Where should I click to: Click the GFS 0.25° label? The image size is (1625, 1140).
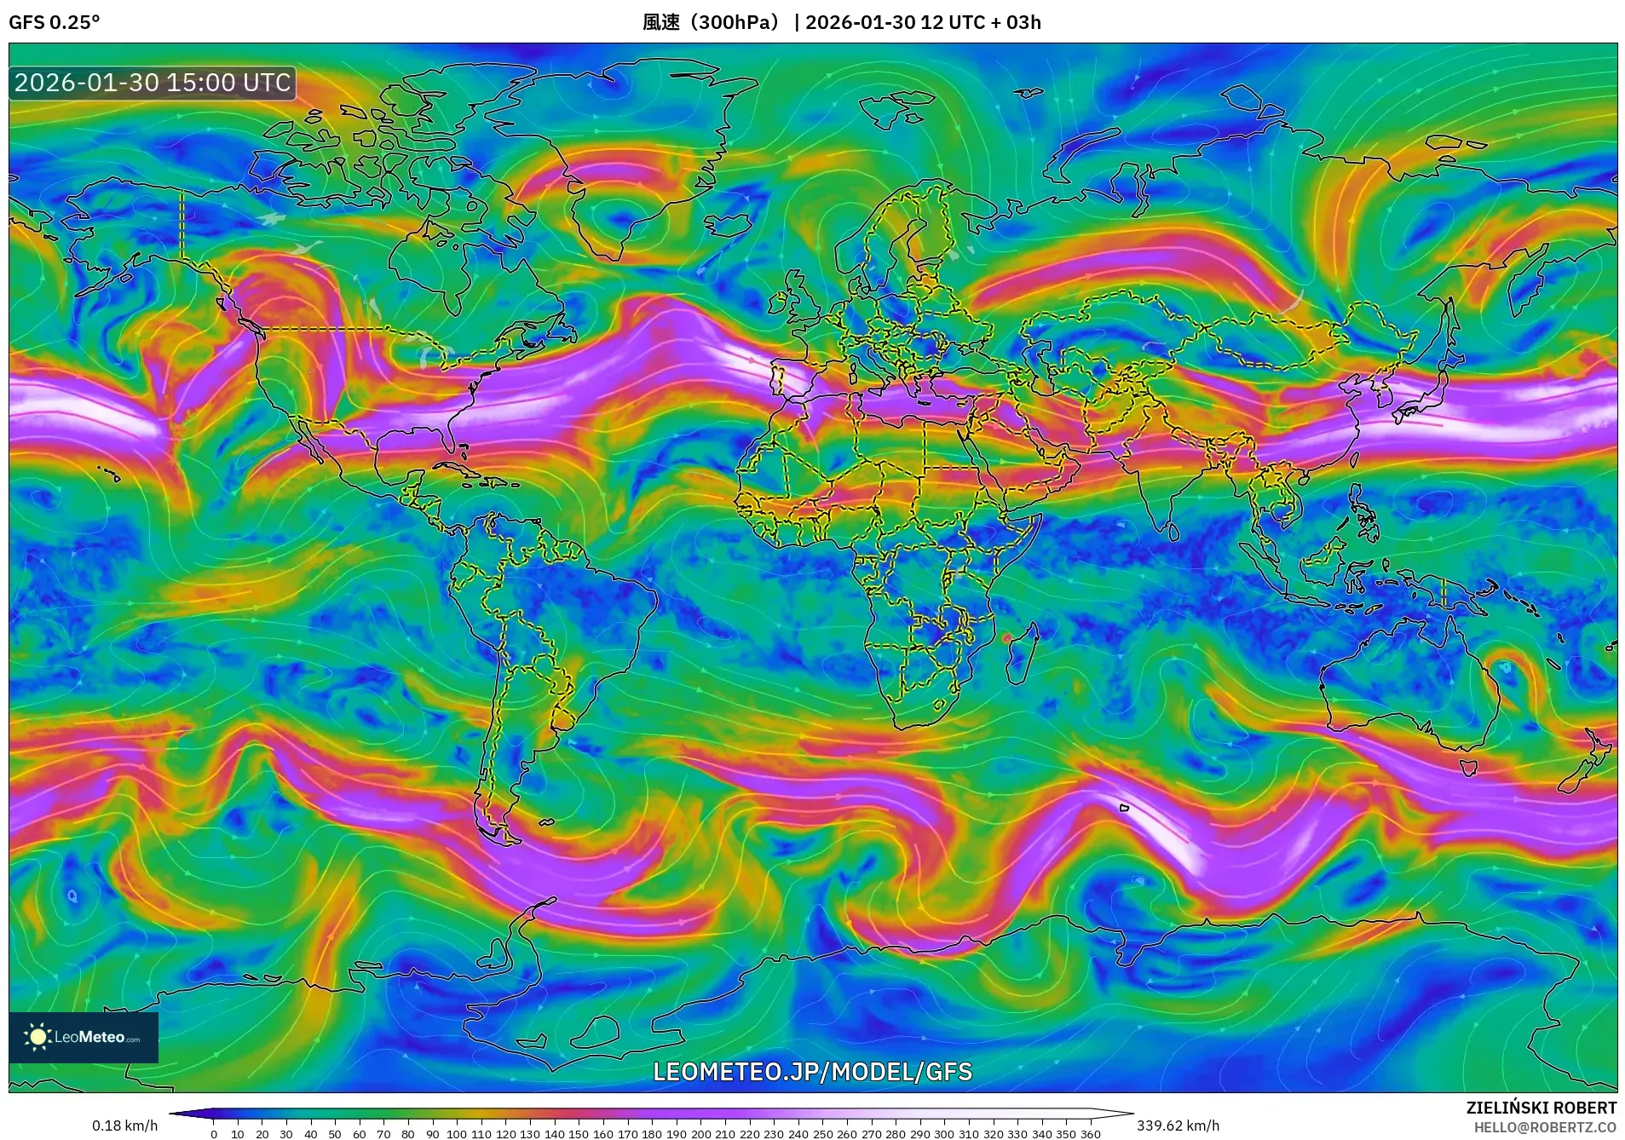[x=54, y=22]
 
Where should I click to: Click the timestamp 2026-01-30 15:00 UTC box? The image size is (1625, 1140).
[x=153, y=83]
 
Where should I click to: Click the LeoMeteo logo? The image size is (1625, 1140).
[x=84, y=1037]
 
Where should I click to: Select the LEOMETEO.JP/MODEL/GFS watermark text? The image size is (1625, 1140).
[x=812, y=1071]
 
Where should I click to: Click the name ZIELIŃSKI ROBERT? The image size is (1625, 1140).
[x=1541, y=1108]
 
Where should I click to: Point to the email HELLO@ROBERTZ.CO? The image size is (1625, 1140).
[x=1545, y=1127]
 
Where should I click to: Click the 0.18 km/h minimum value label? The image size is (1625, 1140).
[x=124, y=1126]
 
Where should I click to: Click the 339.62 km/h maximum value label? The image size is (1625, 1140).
[x=1178, y=1126]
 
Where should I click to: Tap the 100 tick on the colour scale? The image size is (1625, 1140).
[x=457, y=1133]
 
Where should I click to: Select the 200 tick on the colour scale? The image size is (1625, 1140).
[x=700, y=1133]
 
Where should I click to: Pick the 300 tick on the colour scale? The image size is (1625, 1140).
[x=944, y=1133]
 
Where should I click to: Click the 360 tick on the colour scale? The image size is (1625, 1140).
[x=1090, y=1133]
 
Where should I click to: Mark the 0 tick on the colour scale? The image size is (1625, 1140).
[x=214, y=1133]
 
